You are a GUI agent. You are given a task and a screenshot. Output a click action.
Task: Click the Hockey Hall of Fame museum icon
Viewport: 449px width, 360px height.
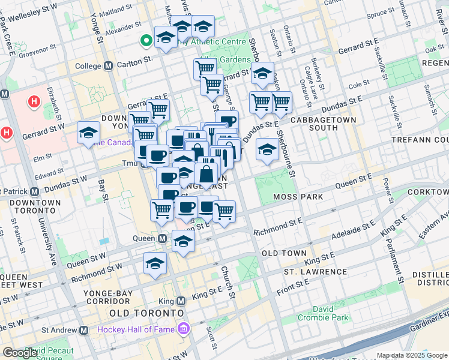click(182, 329)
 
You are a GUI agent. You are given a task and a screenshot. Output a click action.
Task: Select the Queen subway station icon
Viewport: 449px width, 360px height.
click(163, 239)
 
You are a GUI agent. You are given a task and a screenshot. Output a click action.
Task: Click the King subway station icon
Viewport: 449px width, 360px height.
click(181, 301)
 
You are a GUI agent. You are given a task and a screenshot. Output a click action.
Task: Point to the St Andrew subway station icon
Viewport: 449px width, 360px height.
click(84, 330)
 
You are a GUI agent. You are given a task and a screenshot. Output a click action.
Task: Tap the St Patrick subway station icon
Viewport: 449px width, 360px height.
click(34, 192)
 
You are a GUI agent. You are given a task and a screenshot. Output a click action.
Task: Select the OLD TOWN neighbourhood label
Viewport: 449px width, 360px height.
click(285, 253)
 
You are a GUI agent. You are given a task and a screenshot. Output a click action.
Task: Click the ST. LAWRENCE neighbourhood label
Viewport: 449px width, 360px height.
click(315, 272)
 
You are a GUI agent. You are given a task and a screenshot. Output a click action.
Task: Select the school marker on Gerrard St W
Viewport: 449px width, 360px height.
click(89, 133)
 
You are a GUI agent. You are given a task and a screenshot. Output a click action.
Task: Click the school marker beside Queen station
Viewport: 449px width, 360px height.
click(183, 241)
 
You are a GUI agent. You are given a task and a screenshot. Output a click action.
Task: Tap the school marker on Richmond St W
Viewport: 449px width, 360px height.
click(155, 263)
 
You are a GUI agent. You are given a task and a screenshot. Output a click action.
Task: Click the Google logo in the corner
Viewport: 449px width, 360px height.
click(20, 353)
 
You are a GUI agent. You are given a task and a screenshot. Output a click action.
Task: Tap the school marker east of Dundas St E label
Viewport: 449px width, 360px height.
click(267, 150)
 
